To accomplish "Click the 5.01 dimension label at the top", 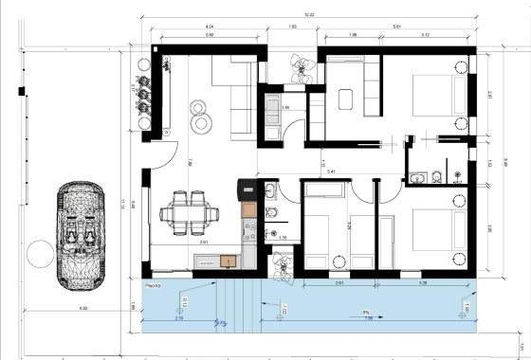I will (396, 27).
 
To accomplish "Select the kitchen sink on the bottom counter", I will (227, 259).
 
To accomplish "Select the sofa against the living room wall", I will (240, 97).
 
